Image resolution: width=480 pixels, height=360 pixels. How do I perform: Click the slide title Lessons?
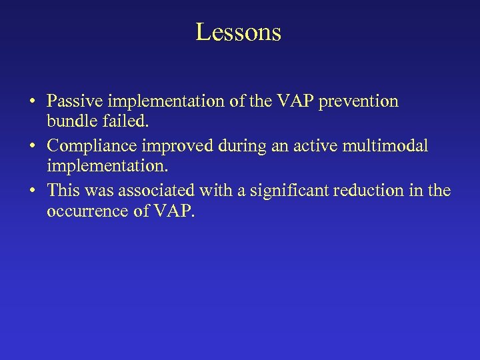(239, 31)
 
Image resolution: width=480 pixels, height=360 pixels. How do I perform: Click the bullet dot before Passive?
(32, 102)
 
